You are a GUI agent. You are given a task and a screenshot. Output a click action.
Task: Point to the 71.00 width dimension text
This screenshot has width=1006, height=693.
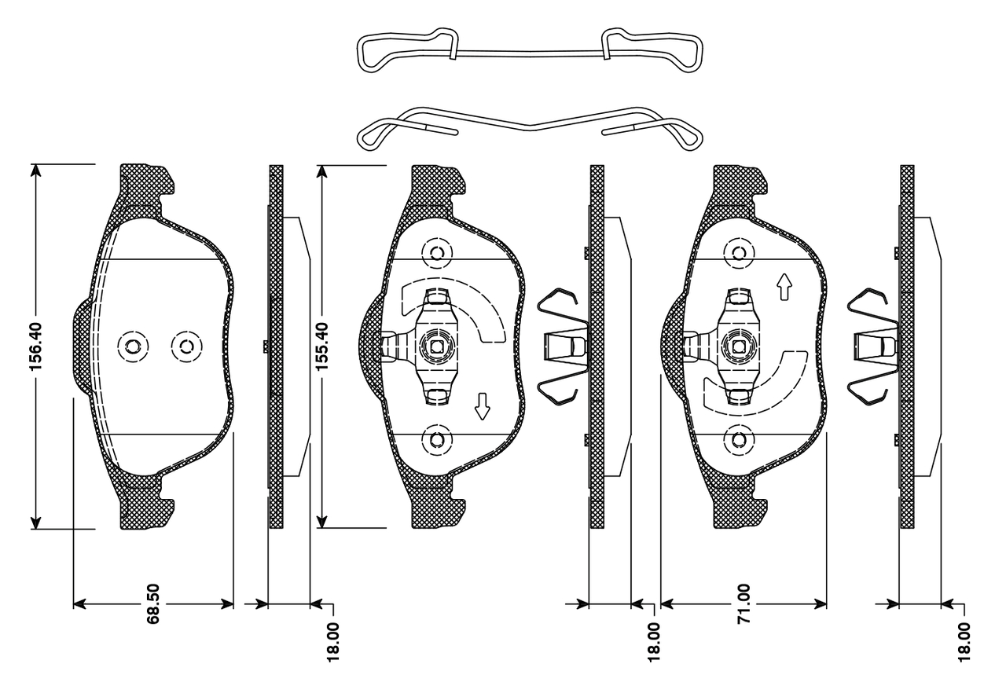744,603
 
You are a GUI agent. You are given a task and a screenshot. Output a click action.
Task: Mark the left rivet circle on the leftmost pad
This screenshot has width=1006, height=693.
132,346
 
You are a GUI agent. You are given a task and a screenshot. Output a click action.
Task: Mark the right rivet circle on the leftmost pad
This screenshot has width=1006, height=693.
186,346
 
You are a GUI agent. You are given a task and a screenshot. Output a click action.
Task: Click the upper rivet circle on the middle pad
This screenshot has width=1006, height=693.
437,253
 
